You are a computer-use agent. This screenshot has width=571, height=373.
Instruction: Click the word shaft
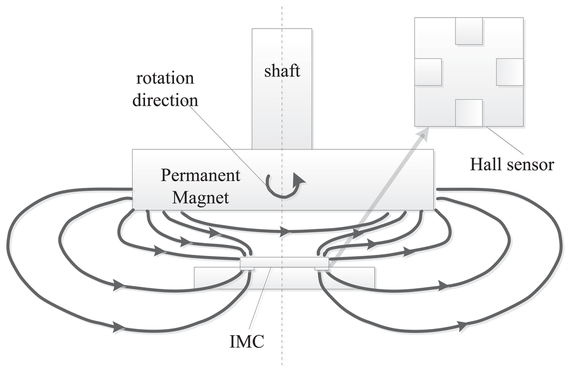coord(282,71)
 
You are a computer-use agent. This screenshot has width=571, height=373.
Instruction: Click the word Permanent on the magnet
coord(201,176)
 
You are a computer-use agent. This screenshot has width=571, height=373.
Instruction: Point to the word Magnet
coord(201,197)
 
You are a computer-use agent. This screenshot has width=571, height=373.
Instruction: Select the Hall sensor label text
coord(512,164)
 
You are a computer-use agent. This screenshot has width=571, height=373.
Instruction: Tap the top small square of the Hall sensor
coord(468,31)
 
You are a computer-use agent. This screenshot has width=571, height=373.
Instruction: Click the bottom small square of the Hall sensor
coord(468,113)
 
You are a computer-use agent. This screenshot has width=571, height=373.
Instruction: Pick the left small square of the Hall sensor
coord(428,72)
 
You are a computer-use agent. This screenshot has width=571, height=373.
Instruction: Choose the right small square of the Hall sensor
coord(510,72)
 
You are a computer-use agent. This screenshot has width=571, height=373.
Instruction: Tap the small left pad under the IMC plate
coord(247,268)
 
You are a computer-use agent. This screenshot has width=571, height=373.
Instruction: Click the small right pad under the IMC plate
coord(322,268)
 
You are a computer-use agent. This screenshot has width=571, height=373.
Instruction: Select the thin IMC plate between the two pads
coord(284,262)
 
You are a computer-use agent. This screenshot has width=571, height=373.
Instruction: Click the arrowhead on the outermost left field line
coord(118,327)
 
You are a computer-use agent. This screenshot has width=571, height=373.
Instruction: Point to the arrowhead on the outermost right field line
coord(462,325)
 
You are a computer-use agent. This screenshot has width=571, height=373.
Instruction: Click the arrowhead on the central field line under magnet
coord(285,230)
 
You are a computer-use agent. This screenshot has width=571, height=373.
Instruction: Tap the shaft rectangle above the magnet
coord(282,112)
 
